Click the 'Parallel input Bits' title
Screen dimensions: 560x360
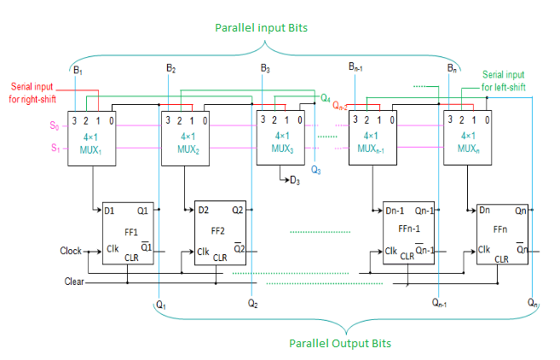(x=261, y=28)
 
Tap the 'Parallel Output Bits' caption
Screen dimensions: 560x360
(x=340, y=344)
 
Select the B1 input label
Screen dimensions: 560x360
(x=78, y=70)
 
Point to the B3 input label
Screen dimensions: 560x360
(x=265, y=68)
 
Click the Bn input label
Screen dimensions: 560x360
(x=452, y=68)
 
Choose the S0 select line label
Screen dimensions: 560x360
(x=55, y=126)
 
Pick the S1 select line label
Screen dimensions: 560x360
(x=55, y=148)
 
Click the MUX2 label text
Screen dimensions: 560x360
(x=188, y=149)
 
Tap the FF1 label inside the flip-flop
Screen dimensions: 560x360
(x=131, y=232)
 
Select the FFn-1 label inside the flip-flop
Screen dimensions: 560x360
(x=409, y=229)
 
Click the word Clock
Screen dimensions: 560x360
(x=71, y=251)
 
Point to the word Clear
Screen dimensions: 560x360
(x=74, y=282)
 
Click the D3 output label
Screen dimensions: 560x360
(x=295, y=181)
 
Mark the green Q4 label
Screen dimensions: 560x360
(x=326, y=98)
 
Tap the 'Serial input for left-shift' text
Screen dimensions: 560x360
(x=503, y=81)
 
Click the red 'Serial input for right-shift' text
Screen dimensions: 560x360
(x=32, y=93)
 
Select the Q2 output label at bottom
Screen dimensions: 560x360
(x=253, y=304)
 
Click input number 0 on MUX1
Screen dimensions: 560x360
(x=112, y=121)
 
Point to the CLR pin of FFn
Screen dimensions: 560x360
(x=501, y=259)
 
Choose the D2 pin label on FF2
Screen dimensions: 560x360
(x=203, y=210)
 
